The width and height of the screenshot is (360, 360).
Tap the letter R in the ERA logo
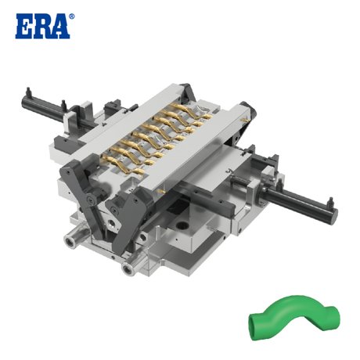(x=42, y=26)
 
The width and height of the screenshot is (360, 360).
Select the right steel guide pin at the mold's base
(x=126, y=270)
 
